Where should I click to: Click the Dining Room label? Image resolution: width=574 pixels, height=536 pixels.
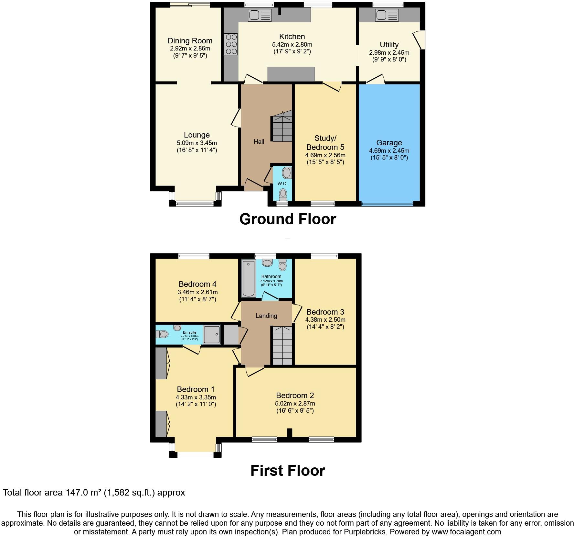[190, 41]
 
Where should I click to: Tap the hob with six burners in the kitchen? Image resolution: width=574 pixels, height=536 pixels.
[231, 44]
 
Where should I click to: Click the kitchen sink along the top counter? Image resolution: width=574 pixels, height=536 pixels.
[259, 15]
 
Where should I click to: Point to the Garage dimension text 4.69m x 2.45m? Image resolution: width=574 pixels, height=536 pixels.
[389, 151]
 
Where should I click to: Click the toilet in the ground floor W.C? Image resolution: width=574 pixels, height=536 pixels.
[283, 194]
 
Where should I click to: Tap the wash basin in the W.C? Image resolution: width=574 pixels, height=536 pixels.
[286, 173]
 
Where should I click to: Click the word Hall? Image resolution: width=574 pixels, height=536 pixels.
[259, 141]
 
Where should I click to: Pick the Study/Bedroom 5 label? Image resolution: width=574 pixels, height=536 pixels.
[325, 142]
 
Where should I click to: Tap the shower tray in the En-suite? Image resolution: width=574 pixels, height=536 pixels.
[212, 334]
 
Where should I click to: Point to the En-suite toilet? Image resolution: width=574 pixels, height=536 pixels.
[162, 334]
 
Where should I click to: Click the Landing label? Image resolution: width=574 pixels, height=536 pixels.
[266, 316]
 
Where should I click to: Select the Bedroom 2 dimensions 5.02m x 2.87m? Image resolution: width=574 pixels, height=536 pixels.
[295, 403]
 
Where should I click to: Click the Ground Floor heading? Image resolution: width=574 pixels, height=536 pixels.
[287, 219]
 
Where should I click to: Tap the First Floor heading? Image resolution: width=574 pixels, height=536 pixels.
[287, 470]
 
